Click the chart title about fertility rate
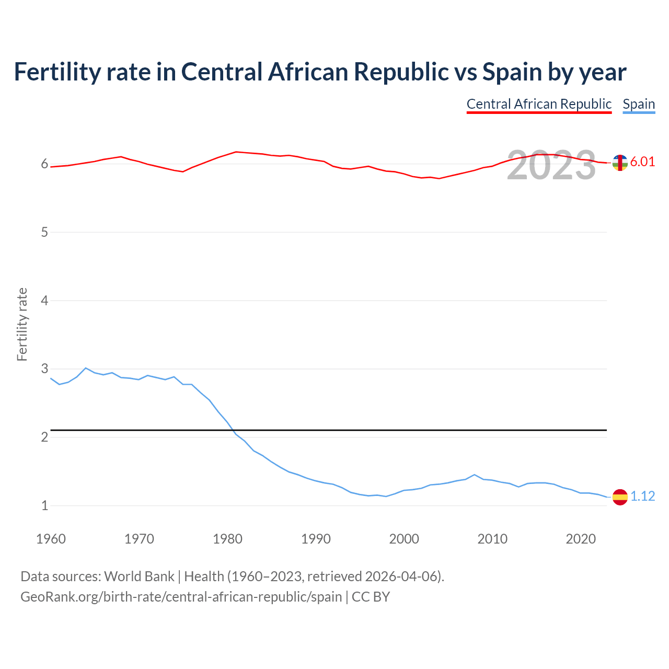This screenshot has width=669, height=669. tap(320, 72)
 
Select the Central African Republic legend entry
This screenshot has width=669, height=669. tap(539, 104)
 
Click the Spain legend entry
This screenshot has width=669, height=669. tap(639, 104)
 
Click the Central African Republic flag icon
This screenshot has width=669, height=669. tap(620, 163)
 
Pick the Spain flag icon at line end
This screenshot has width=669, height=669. tap(620, 497)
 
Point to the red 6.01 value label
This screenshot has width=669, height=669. tap(642, 162)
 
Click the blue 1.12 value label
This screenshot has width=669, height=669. tap(642, 496)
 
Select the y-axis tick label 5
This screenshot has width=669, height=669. tap(44, 232)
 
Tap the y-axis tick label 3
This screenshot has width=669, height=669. tap(44, 369)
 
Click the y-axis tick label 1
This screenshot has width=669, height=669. tap(44, 505)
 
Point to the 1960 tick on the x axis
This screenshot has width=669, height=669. tap(51, 539)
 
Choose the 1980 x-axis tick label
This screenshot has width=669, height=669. tap(227, 539)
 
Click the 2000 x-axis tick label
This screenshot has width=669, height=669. tap(404, 539)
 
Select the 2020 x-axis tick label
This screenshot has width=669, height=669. tap(581, 539)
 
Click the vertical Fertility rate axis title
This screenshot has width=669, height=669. tap(22, 324)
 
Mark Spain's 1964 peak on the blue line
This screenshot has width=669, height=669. tap(86, 368)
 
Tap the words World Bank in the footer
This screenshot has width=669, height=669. tap(139, 576)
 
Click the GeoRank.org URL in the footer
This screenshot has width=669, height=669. tap(181, 597)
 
